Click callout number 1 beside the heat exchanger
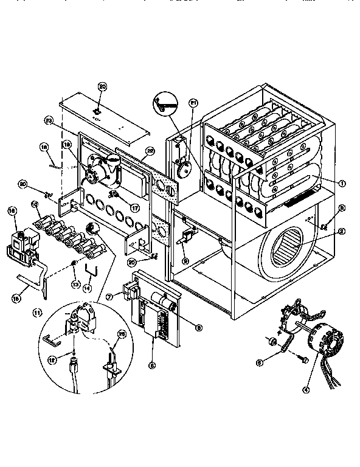click(x=343, y=183)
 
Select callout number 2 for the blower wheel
click(x=343, y=231)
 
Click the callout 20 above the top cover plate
click(x=102, y=87)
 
